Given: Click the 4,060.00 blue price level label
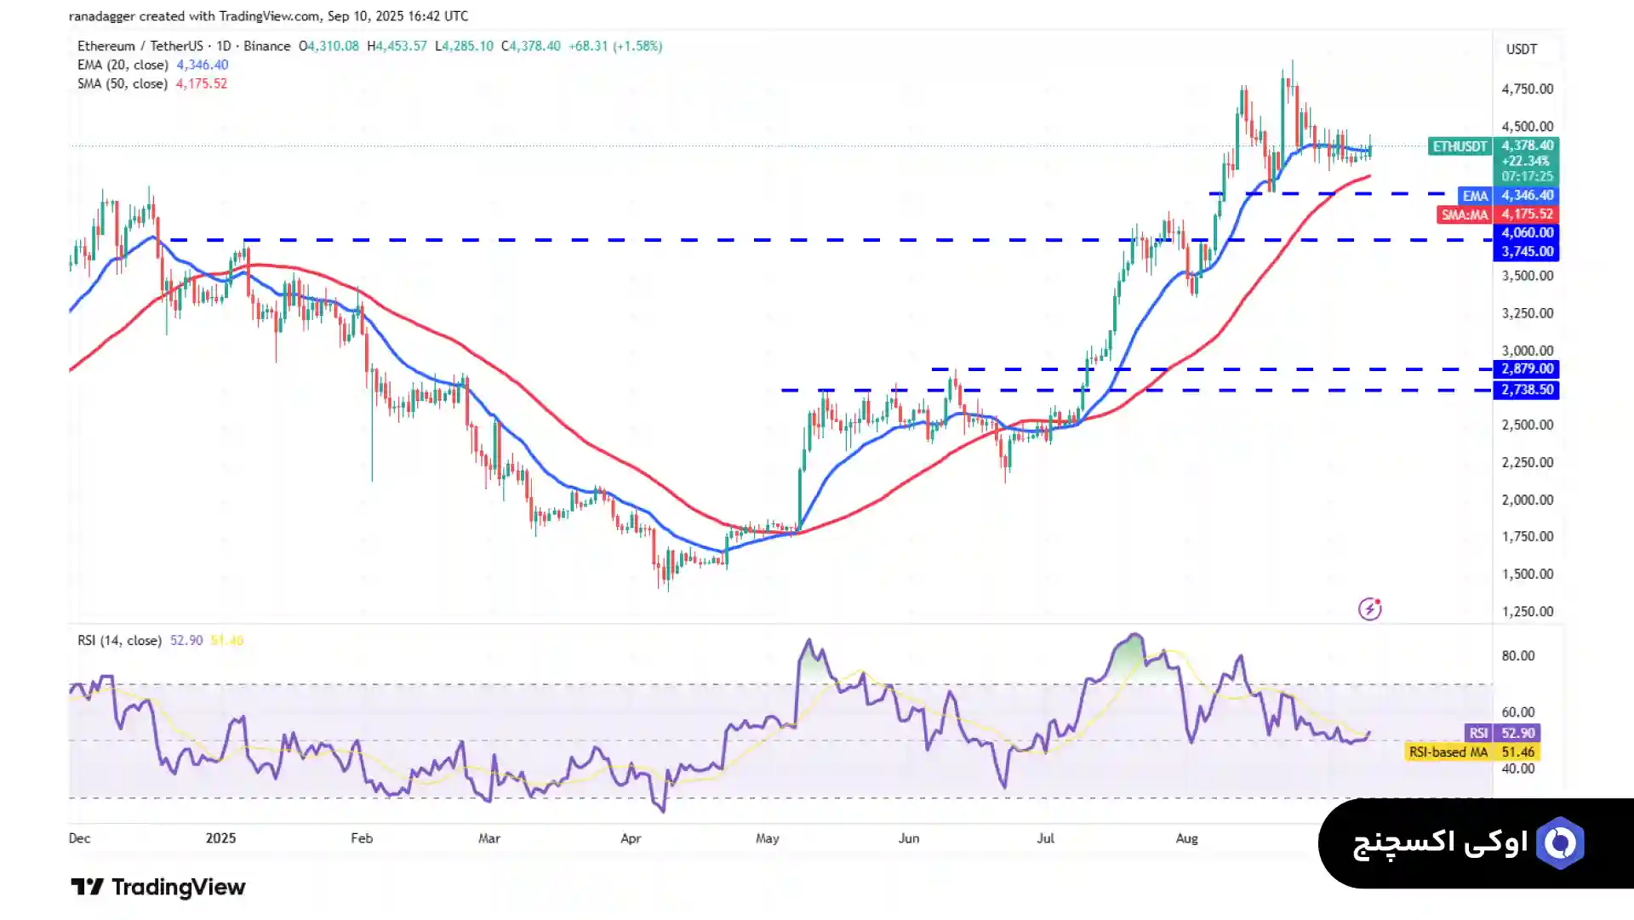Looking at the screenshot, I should (1527, 232).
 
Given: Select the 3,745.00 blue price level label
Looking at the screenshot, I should (1527, 251).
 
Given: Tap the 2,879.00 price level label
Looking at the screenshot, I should (1527, 369).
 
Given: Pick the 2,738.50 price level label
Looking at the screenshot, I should (1527, 390).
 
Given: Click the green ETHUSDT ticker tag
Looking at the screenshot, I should (1460, 146).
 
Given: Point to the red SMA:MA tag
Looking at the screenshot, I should (1464, 214).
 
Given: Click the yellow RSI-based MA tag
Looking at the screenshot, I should (1448, 752).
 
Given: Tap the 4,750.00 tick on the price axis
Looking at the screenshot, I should (1527, 89).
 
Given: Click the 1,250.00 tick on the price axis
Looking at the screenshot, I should (1527, 611).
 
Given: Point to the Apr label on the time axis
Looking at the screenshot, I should (631, 838).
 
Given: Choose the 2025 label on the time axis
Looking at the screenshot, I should (220, 838).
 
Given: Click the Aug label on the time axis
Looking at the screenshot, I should (1186, 838).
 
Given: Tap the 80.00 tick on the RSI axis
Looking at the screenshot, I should (1517, 655).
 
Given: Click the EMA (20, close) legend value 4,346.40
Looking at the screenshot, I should (203, 65).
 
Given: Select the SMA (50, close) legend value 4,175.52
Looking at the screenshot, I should (202, 83).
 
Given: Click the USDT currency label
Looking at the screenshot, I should (1522, 49).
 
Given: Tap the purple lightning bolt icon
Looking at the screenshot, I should (1369, 609).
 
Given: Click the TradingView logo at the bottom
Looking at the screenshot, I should (158, 887).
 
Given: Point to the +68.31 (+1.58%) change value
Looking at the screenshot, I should (615, 46).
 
